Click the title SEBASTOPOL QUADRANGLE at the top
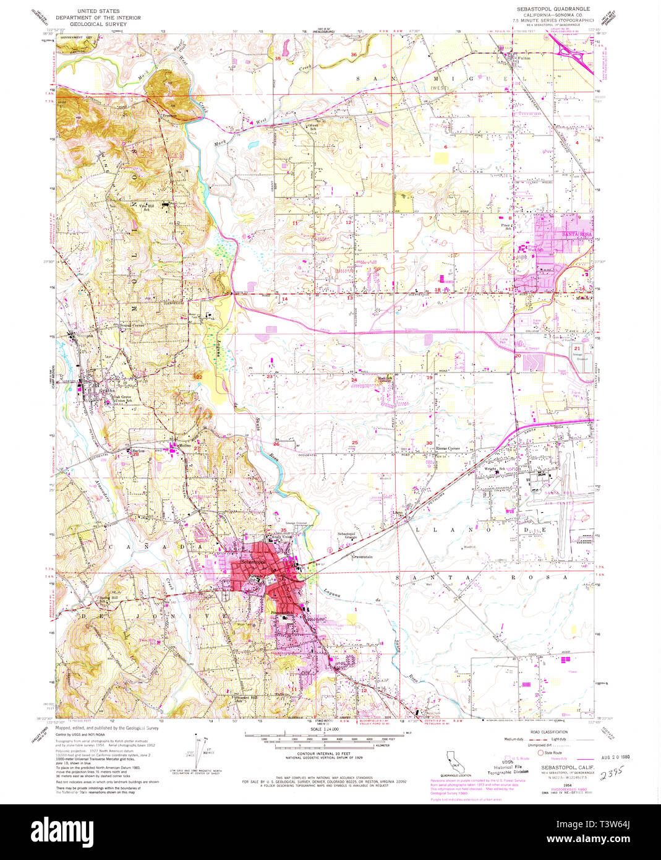pyautogui.click(x=548, y=9)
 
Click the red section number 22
pyautogui.click(x=198, y=377)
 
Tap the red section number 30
pyautogui.click(x=429, y=443)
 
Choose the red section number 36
pyautogui.click(x=354, y=55)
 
